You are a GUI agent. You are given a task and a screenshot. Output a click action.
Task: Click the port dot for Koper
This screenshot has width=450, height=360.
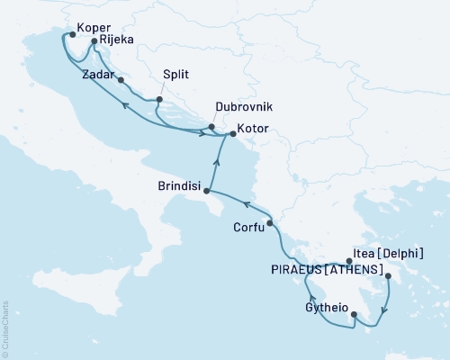coord(69,36)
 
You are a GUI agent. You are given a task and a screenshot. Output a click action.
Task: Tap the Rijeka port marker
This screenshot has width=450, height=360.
coord(94,40)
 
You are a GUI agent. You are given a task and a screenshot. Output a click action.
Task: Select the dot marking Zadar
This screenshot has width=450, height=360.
coord(121,79)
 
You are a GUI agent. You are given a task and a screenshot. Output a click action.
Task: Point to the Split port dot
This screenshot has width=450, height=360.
coord(159,100)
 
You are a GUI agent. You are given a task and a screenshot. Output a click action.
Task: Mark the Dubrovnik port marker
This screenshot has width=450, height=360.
coord(211,127)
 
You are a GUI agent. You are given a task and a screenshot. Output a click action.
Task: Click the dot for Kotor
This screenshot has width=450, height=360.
coord(232,135)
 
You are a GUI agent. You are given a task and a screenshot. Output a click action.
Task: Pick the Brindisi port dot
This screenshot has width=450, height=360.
coord(207,191)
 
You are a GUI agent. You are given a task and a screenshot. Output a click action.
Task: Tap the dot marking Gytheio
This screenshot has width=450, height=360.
coord(353,315)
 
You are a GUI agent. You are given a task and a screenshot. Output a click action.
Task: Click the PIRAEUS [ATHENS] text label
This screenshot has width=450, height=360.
coord(327,270)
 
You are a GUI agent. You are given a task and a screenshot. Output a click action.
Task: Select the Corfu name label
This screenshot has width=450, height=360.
coord(248,229)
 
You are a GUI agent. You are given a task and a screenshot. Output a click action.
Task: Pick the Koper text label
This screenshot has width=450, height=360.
coord(94,28)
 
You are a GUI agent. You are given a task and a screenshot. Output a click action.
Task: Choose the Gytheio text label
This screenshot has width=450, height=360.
coord(325,307)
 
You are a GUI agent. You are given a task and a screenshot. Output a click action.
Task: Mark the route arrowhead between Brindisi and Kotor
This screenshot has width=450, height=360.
coord(216,162)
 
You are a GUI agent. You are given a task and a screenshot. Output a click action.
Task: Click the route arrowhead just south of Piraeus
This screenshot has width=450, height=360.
coord(384,312)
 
